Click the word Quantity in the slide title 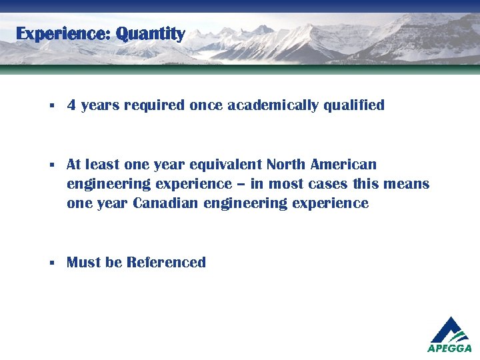coord(150,33)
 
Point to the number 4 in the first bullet coord(71,105)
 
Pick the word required coord(154,105)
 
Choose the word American coord(343,164)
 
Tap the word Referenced coord(166,263)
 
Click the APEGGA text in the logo coord(449,348)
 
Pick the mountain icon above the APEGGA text coord(450,329)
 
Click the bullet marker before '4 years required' coord(51,106)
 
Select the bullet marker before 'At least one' coord(51,165)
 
